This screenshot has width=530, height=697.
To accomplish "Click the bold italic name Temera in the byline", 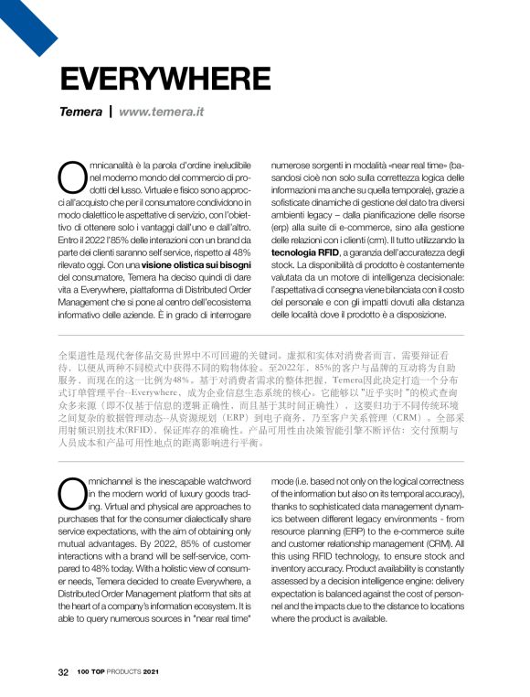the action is pos(80,113).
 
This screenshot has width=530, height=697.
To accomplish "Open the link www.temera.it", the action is pos(161,113).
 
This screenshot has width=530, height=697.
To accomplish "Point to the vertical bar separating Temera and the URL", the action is pos(111,113).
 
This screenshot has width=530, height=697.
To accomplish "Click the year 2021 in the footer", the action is pos(162,672).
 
